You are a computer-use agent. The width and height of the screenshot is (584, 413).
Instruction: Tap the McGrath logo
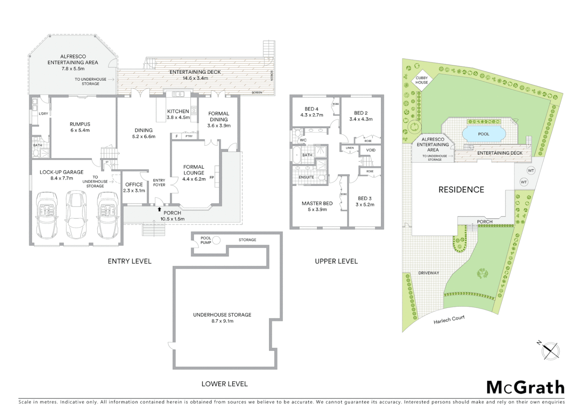pyautogui.click(x=525, y=387)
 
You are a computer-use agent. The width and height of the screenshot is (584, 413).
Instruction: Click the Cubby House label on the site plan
pyautogui.click(x=422, y=80)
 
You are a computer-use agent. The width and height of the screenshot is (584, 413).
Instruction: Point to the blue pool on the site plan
pyautogui.click(x=483, y=134)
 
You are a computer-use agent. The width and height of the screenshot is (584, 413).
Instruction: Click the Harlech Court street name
pyautogui.click(x=449, y=320)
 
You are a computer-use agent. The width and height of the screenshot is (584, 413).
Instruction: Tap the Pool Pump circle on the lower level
pyautogui.click(x=216, y=241)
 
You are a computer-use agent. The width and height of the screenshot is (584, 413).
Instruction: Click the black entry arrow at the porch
pyautogui.click(x=159, y=209)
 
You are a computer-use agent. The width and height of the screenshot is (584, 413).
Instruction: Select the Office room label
pyautogui.click(x=134, y=185)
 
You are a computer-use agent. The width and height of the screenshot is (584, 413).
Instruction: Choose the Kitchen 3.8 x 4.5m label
pyautogui.click(x=178, y=114)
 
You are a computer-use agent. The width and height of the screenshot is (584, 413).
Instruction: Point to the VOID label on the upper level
pyautogui.click(x=371, y=150)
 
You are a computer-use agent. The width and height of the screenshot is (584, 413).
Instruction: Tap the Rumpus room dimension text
pyautogui.click(x=80, y=130)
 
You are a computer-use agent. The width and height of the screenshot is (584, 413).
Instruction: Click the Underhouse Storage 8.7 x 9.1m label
pyautogui.click(x=222, y=318)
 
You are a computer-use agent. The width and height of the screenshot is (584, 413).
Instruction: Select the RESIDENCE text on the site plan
pyautogui.click(x=461, y=190)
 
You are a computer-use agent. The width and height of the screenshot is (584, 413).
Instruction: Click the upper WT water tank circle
pyautogui.click(x=530, y=170)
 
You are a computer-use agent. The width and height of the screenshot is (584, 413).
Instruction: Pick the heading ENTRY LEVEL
pyautogui.click(x=130, y=261)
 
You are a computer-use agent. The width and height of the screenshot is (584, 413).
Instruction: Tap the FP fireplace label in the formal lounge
pyautogui.click(x=211, y=178)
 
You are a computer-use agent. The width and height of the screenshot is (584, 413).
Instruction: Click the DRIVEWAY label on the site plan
pyautogui.click(x=428, y=273)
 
